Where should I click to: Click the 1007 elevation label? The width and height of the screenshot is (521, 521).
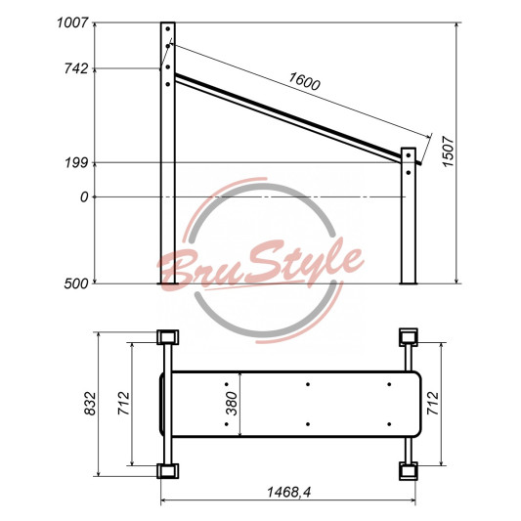[x=72, y=22]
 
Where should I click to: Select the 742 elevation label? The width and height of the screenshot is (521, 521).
[x=76, y=68]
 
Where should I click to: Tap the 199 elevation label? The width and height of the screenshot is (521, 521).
[x=76, y=163]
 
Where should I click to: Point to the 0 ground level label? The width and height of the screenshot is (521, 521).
[x=84, y=197]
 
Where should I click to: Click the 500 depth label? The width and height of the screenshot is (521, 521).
[x=76, y=283]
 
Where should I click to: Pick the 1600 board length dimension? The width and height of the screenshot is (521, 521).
[x=304, y=81]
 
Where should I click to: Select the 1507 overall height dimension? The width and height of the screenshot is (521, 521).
[x=448, y=152]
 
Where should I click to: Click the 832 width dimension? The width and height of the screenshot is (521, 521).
[x=90, y=404]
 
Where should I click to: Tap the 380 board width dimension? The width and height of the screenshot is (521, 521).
[x=232, y=404]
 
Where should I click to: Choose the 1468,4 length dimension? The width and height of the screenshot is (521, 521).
[x=289, y=492]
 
